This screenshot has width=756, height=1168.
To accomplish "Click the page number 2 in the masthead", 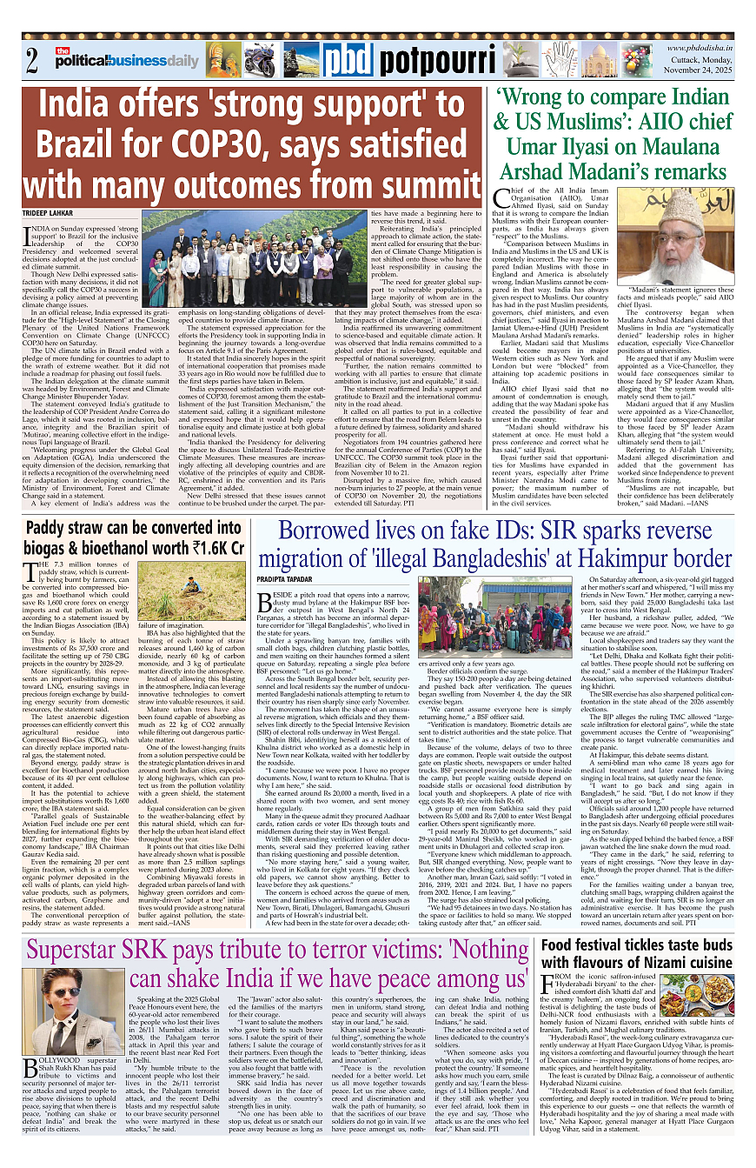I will point(32,61).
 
